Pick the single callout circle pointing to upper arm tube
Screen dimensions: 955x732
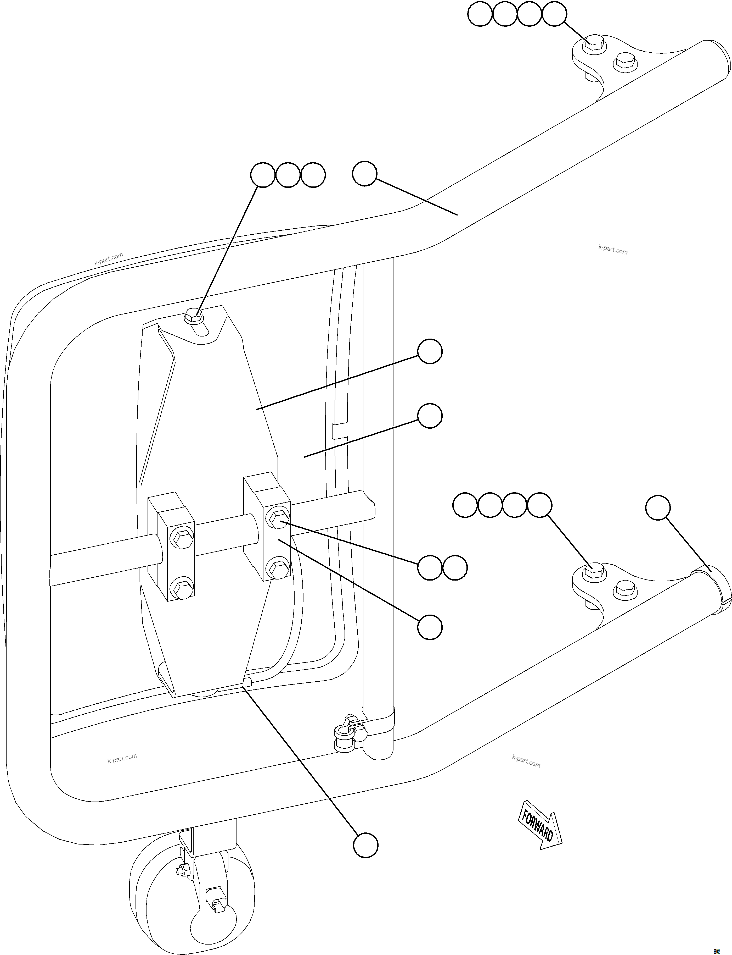364,175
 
